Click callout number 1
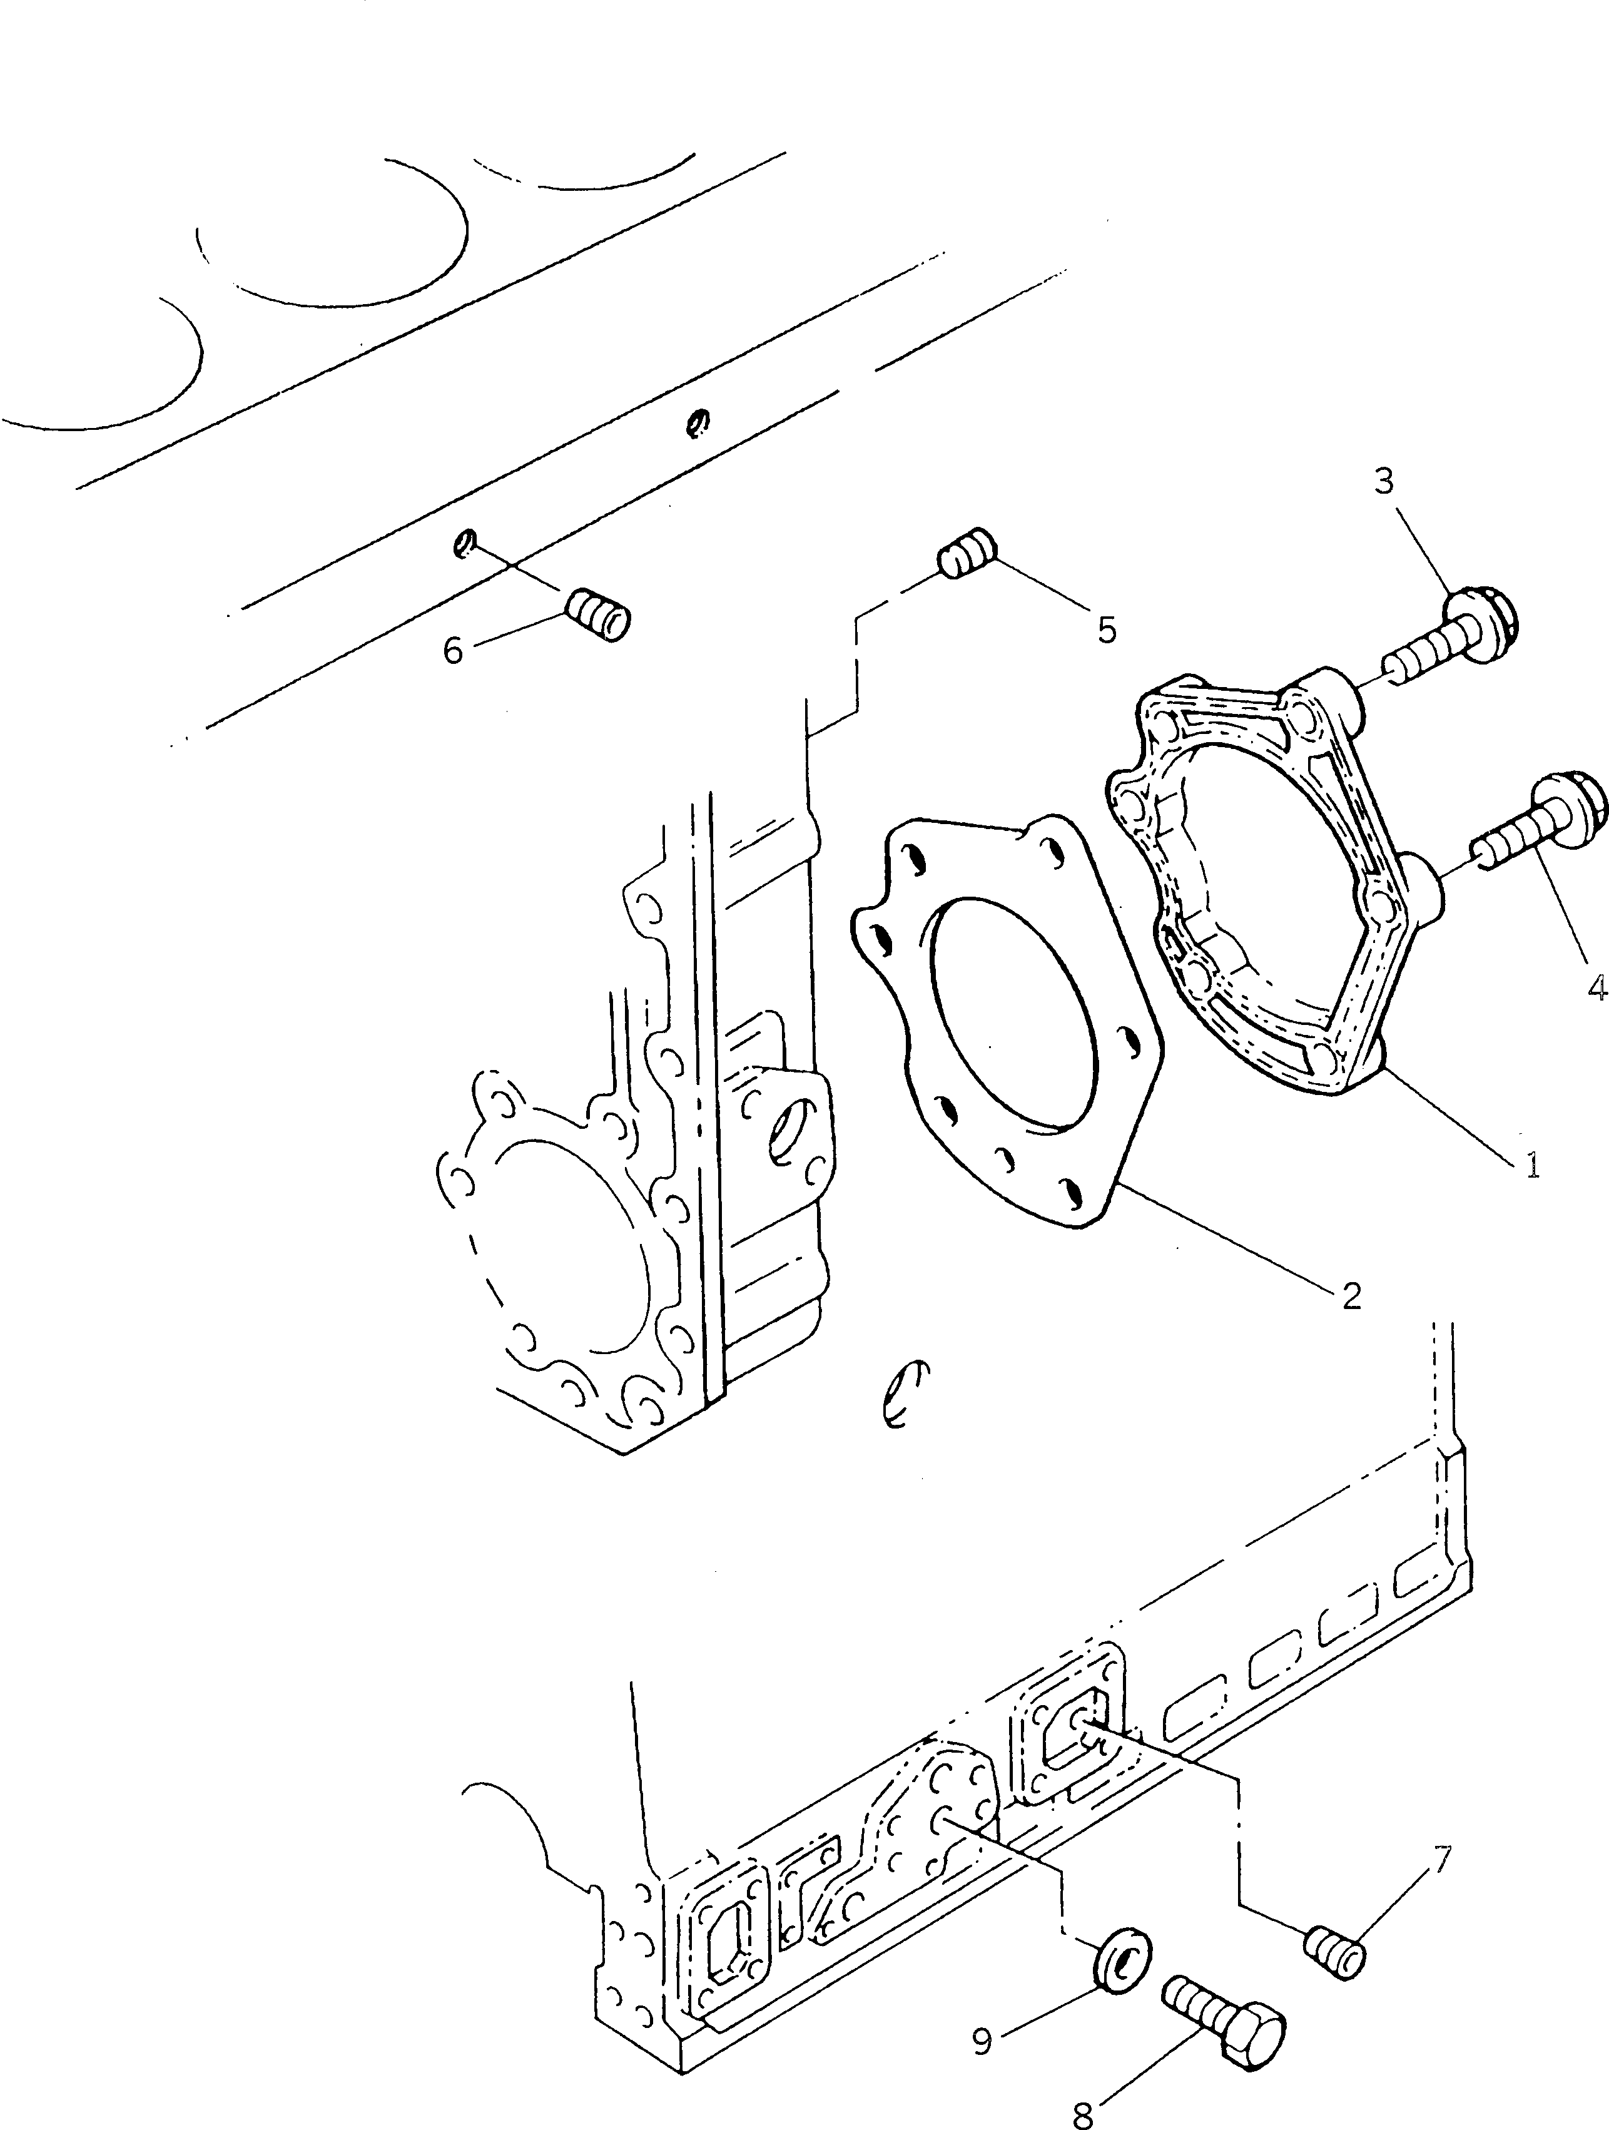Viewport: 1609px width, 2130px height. point(1531,1166)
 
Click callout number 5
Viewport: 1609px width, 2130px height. point(1107,631)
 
